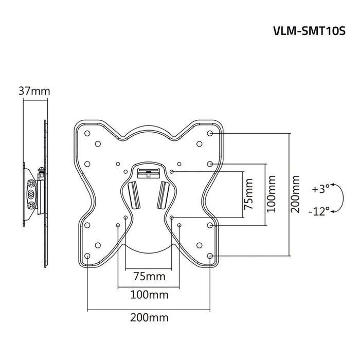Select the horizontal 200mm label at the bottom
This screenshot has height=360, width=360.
[x=149, y=317]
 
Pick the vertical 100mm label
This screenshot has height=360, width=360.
[x=272, y=194]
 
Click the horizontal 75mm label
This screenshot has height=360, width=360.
[x=149, y=276]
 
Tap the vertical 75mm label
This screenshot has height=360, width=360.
[x=249, y=194]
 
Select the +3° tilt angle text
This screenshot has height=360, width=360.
[x=320, y=189]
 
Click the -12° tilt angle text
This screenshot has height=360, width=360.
[x=320, y=211]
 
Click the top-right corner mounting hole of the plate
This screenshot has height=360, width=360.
[x=210, y=133]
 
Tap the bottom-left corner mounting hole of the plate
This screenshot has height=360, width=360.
[x=87, y=256]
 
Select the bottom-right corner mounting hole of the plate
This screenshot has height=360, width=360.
[x=210, y=256]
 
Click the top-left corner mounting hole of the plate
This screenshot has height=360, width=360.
[x=87, y=133]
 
